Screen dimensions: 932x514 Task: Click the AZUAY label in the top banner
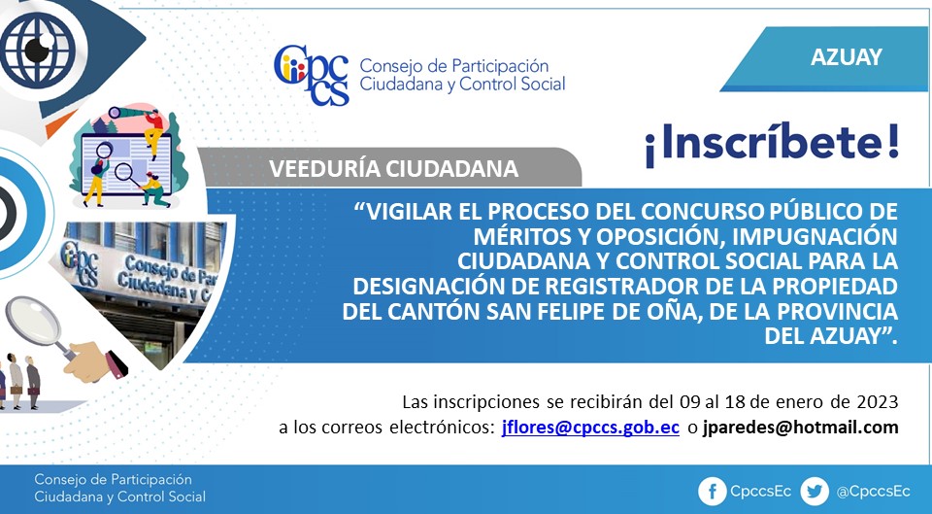846,57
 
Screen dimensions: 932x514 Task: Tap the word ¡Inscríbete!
772,144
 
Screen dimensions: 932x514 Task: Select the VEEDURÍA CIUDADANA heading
393,169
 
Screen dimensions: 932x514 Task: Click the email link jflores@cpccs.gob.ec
590,428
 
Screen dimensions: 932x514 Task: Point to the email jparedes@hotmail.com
800,428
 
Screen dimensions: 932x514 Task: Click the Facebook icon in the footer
712,492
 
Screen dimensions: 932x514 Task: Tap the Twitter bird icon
815,492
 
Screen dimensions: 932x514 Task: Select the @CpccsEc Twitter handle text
873,492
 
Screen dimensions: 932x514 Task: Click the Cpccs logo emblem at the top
312,75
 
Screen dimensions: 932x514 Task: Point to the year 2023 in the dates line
878,402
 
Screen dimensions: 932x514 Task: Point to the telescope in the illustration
126,112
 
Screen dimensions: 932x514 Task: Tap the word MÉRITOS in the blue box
520,236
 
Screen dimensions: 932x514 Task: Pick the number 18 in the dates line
735,402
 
